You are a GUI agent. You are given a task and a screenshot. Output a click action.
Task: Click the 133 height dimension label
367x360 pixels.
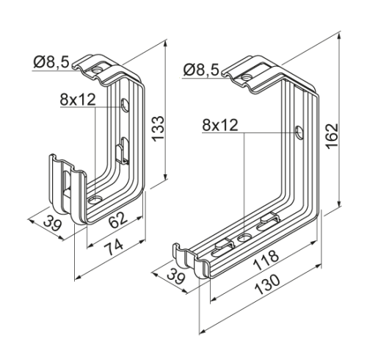(158, 129)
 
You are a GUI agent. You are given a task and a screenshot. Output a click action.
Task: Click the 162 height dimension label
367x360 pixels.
(332, 136)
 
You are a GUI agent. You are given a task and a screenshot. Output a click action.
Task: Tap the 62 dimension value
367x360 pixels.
(118, 220)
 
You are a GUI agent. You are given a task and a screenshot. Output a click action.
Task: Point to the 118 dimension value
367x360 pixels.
(266, 259)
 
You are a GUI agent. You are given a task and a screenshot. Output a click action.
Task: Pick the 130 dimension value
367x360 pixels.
(267, 285)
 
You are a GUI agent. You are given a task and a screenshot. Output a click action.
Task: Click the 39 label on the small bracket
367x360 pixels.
(51, 223)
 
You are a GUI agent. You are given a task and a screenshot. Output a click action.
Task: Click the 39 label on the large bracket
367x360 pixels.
(175, 276)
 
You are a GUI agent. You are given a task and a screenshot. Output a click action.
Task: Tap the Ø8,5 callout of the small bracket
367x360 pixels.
(51, 62)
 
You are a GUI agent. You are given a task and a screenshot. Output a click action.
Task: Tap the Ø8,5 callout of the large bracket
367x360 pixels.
(201, 70)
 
